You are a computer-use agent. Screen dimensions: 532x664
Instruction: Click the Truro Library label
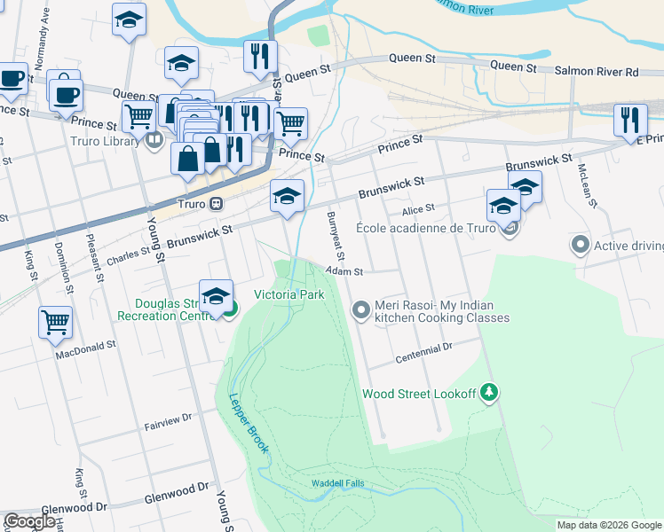pos(105,141)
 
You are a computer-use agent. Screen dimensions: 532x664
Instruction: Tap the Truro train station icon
pos(216,203)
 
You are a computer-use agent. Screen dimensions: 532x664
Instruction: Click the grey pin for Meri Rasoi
pos(361,310)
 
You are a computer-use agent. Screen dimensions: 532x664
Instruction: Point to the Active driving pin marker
pos(581,244)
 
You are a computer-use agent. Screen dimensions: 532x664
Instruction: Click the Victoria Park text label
pos(289,294)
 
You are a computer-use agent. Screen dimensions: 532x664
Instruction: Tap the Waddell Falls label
pos(337,484)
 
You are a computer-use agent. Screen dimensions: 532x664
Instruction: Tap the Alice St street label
pos(417,209)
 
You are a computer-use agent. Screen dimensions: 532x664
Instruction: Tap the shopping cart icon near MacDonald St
pos(55,323)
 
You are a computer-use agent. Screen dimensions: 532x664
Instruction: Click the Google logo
pos(29,521)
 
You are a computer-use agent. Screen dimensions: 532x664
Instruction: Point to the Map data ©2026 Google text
pos(609,525)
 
